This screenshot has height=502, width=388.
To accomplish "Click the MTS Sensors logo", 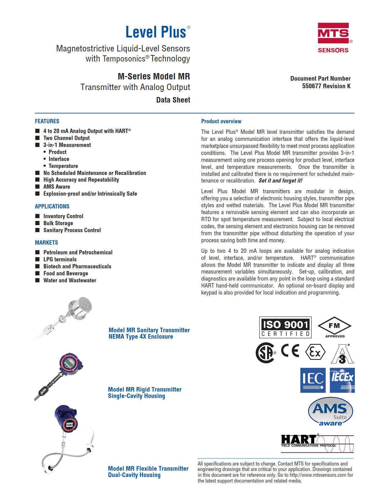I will click(334, 38).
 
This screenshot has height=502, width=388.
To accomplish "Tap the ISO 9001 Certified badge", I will click(285, 327).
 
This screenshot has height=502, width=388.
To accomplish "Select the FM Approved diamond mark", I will click(334, 327).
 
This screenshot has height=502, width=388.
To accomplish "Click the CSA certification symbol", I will click(265, 353).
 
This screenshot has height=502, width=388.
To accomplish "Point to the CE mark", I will click(290, 351).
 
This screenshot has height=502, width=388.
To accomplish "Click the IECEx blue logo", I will click(342, 380).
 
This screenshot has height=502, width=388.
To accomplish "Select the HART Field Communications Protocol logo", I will click(317, 443).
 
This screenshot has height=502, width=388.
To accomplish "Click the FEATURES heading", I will click(47, 121).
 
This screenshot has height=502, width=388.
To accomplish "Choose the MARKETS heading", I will click(46, 242).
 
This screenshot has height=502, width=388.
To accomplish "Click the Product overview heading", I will click(221, 121).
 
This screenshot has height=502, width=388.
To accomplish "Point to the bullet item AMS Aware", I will click(57, 187).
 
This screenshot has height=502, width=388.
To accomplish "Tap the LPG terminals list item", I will click(60, 260).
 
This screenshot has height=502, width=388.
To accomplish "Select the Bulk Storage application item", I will click(58, 223).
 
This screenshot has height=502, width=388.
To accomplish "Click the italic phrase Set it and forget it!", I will click(280, 181).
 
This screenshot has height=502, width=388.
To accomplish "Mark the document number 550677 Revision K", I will click(326, 86).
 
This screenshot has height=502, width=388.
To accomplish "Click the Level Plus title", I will click(156, 32).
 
